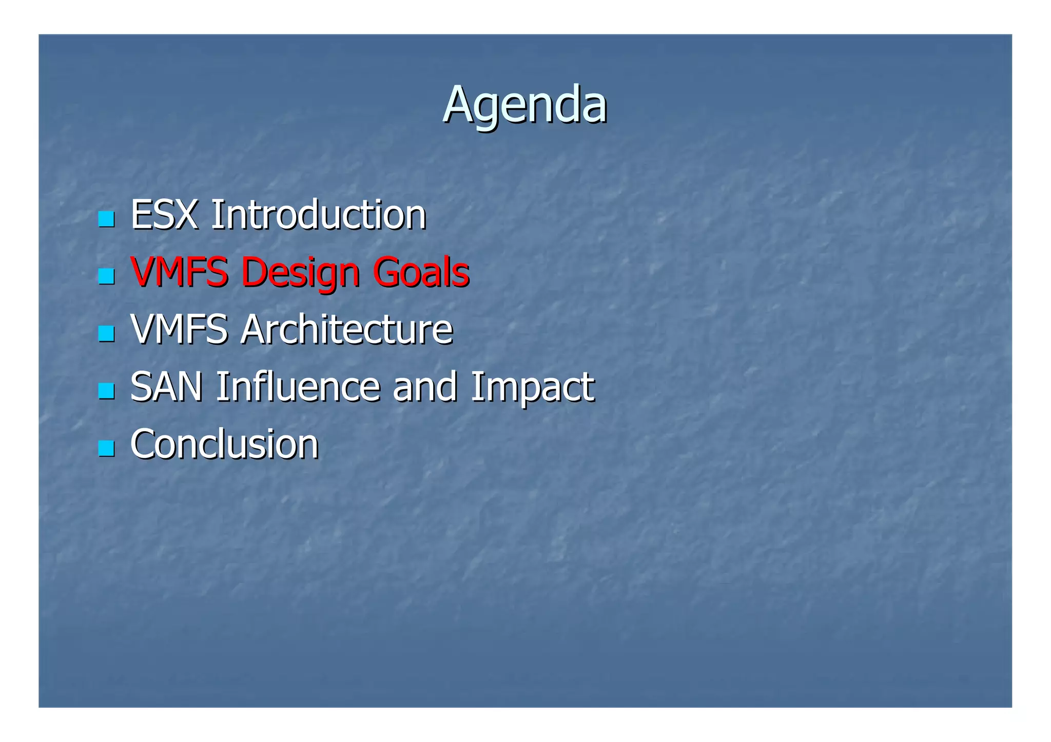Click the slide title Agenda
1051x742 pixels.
[x=524, y=105]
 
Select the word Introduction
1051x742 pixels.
[x=318, y=215]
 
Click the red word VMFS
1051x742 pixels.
[x=179, y=272]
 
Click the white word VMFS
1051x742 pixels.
[x=179, y=329]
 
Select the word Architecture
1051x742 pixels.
[x=347, y=329]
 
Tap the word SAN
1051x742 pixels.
[x=166, y=387]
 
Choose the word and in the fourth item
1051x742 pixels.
[x=424, y=387]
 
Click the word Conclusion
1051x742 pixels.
[x=224, y=444]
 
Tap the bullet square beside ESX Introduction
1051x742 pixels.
[x=106, y=219]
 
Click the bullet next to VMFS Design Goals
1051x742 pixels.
[x=106, y=276]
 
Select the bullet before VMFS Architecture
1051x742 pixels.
[x=106, y=334]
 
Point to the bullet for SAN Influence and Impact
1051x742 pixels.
[x=106, y=391]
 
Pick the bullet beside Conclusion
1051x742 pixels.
[x=106, y=449]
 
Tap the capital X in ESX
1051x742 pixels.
[x=186, y=215]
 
